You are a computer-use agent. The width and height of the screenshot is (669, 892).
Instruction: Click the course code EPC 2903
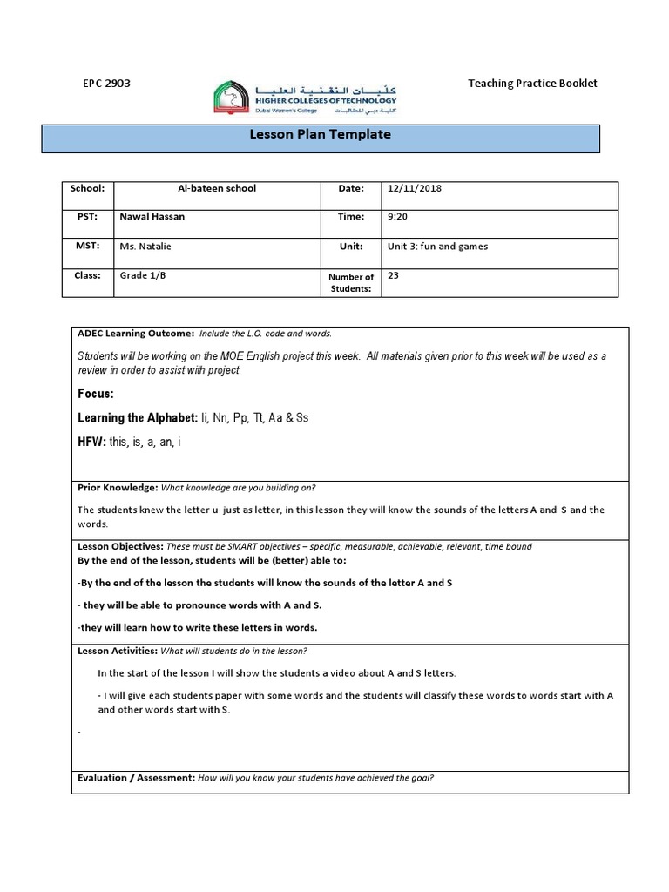tap(105, 84)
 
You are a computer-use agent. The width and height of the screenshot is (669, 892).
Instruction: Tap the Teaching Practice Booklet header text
tap(532, 84)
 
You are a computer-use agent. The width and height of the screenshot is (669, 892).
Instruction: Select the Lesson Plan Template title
tap(321, 135)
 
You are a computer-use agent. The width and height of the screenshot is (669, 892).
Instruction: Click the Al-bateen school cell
tap(217, 188)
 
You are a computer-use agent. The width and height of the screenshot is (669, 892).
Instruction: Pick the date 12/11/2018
tap(415, 188)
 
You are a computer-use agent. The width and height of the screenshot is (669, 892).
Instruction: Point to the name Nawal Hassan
tap(152, 217)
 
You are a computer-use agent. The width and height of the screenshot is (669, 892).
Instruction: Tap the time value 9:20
tap(398, 217)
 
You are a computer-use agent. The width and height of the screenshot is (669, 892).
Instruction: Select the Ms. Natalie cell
tap(145, 247)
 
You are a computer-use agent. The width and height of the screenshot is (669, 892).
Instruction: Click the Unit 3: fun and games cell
tap(437, 247)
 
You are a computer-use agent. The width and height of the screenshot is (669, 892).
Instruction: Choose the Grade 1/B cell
tap(141, 275)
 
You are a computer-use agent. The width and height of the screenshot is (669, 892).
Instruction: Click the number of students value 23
tap(393, 275)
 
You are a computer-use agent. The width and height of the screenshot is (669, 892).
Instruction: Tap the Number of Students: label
tap(350, 282)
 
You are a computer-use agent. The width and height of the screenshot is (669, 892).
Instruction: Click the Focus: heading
tap(96, 395)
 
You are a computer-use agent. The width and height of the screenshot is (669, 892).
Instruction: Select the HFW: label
tap(91, 443)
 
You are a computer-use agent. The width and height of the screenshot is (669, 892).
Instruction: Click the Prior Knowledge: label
tap(117, 488)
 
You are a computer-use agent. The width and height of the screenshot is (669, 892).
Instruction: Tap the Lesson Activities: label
tap(118, 651)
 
